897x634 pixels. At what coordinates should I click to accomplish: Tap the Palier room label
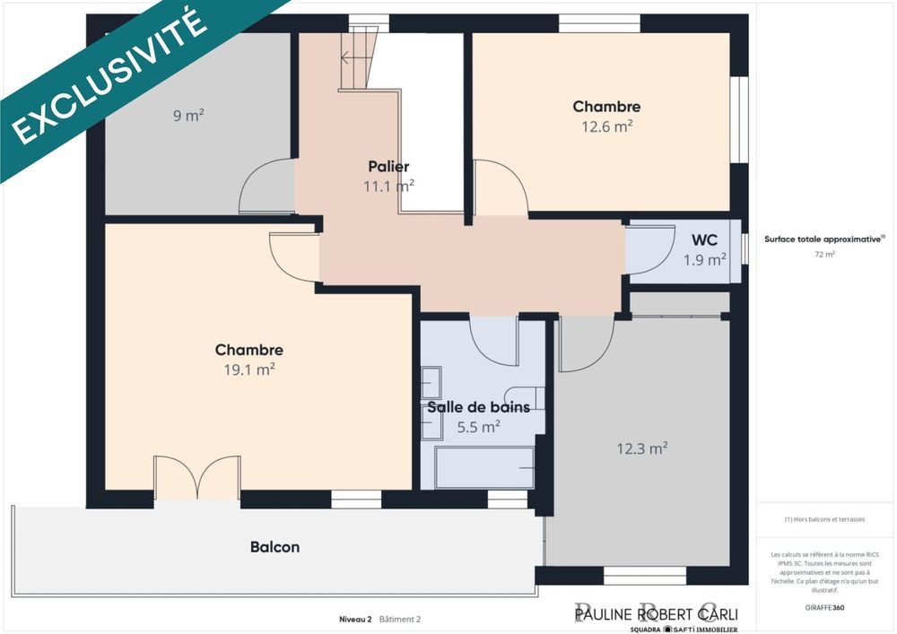coord(388,167)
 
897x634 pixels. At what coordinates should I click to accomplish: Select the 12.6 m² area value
coord(607,126)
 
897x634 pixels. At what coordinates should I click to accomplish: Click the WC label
coord(704,240)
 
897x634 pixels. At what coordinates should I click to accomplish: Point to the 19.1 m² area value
coord(249,369)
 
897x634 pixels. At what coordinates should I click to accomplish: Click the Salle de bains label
coord(478,407)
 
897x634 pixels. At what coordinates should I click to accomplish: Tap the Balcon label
coord(274,546)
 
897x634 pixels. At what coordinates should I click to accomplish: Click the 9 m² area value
coord(188,115)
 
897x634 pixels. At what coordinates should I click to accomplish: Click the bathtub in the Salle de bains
coord(484,466)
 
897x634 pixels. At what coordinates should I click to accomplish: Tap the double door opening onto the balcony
coord(196,477)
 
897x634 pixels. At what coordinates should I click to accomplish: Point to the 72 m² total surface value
coord(824,255)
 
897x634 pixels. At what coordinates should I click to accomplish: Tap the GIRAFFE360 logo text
coord(824,607)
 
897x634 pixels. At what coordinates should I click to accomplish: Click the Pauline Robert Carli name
coord(656,613)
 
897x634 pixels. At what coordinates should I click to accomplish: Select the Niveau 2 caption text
coord(355,619)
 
